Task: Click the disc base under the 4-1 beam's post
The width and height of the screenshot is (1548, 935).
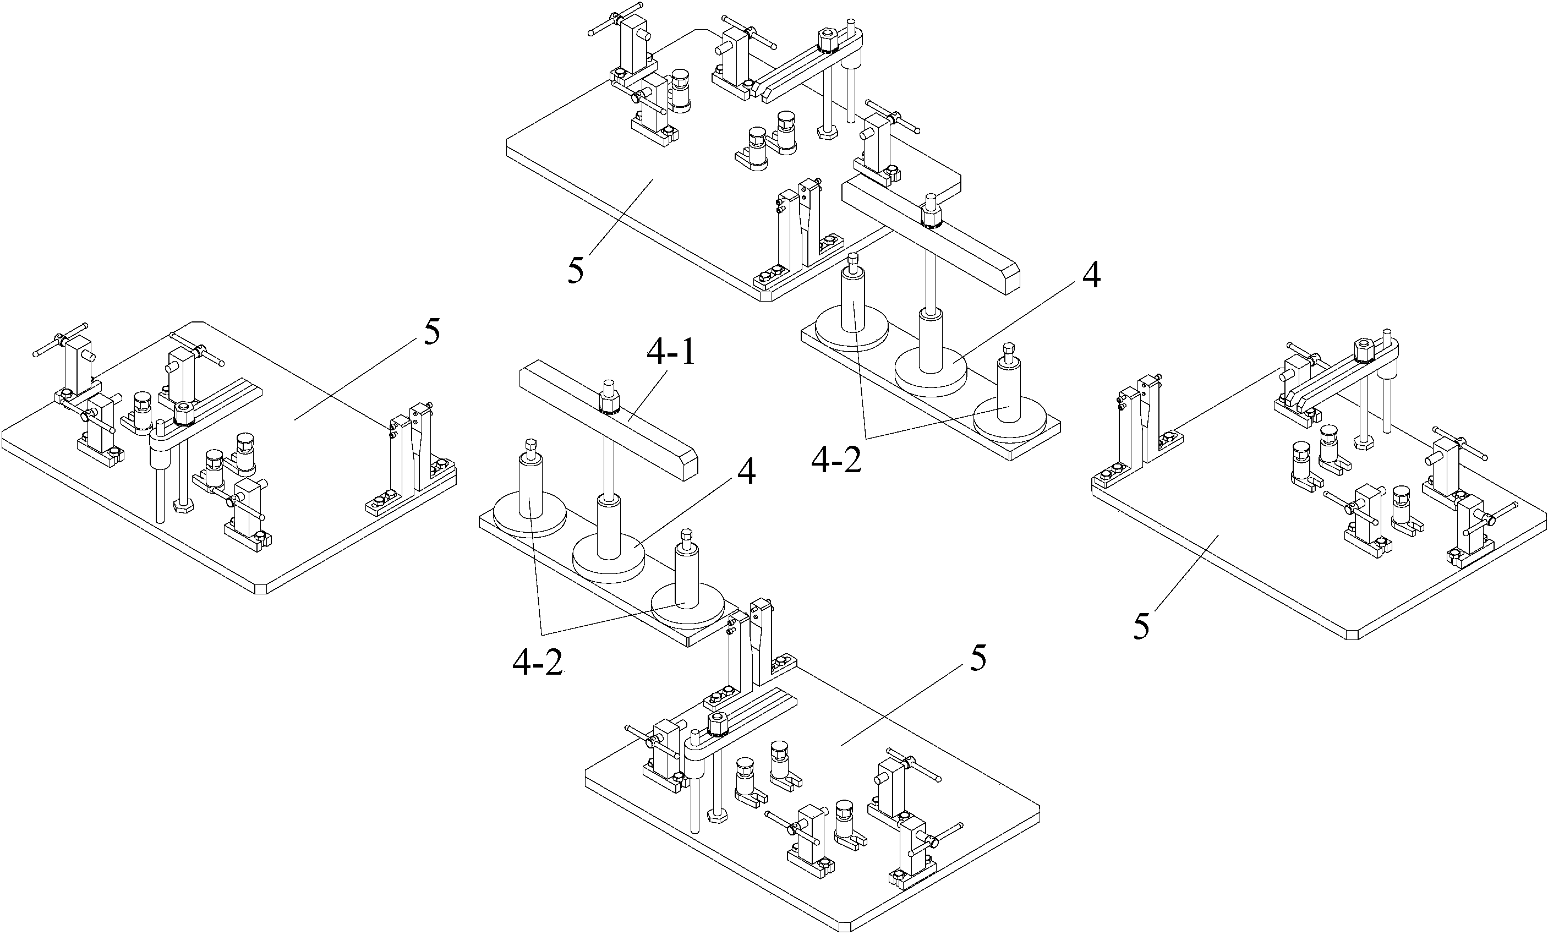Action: coord(608,555)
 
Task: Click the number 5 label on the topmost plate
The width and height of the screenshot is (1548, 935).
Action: coord(576,270)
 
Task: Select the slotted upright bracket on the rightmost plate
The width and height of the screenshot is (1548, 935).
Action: coord(1137,427)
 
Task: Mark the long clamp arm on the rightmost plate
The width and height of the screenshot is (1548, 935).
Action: coord(1332,377)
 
